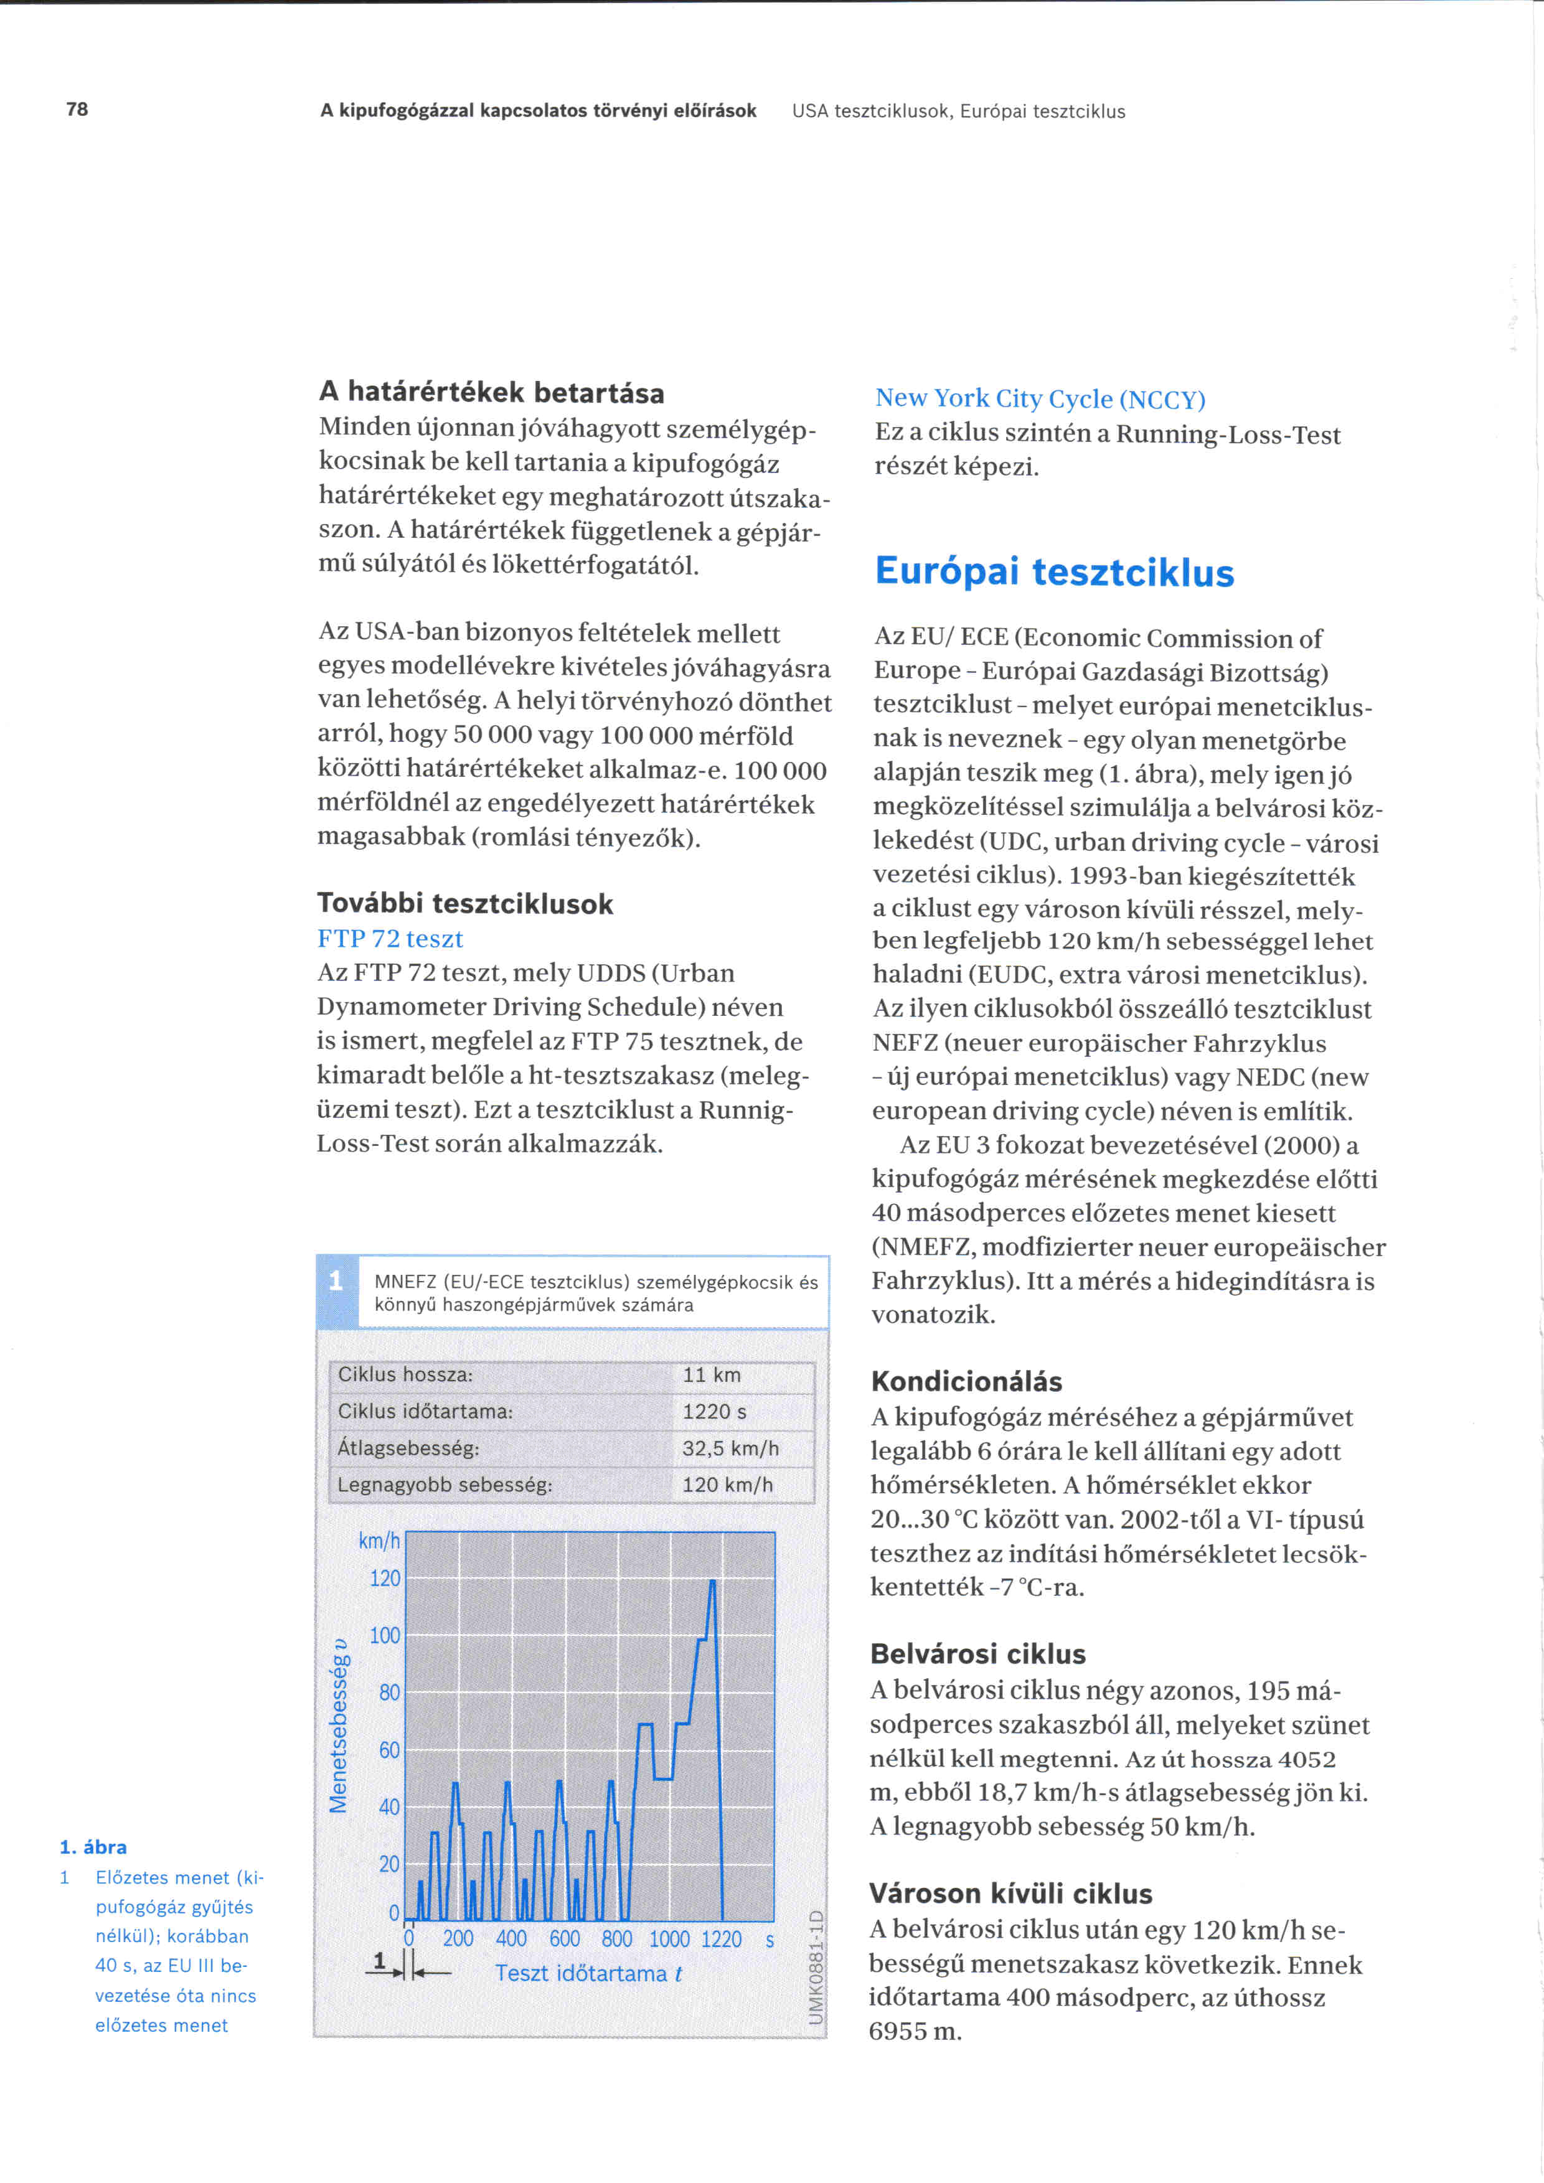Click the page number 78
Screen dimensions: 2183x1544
(x=77, y=110)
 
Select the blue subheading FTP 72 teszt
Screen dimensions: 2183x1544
(x=390, y=939)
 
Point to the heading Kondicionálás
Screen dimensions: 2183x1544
(x=966, y=1381)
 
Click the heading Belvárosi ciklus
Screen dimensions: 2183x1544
(x=977, y=1655)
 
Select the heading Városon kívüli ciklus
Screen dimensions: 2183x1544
(x=1010, y=1894)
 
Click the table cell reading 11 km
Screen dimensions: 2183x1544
(x=711, y=1375)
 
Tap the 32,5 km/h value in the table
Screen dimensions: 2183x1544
(x=730, y=1449)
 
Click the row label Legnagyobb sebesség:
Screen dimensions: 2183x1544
(x=445, y=1485)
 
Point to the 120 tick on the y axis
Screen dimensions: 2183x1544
(x=385, y=1579)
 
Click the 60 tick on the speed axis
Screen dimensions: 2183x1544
(x=390, y=1750)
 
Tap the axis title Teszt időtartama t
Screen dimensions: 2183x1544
(x=588, y=1974)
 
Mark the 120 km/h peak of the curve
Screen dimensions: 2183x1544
(x=712, y=1581)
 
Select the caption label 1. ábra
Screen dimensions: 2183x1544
(x=93, y=1847)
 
